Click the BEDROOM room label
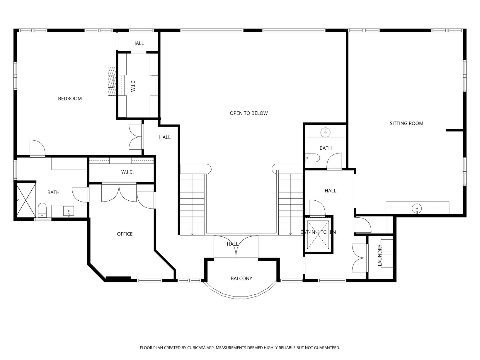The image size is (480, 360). click(x=70, y=99)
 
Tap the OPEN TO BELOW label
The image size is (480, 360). click(x=248, y=113)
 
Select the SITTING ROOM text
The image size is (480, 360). click(x=406, y=124)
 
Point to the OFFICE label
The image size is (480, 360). click(x=125, y=234)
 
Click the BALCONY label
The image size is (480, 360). click(x=241, y=279)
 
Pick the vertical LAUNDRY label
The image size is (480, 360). click(x=379, y=255)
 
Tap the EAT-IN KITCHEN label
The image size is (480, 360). click(x=318, y=232)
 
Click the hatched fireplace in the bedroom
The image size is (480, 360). click(x=112, y=81)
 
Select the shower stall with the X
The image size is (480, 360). click(x=26, y=200)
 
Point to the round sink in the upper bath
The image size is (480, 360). click(x=325, y=132)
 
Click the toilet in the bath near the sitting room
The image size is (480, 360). click(x=312, y=158)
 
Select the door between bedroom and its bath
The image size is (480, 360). click(x=38, y=149)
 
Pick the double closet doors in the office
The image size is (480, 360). click(x=119, y=193)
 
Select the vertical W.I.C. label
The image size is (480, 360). click(x=133, y=86)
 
